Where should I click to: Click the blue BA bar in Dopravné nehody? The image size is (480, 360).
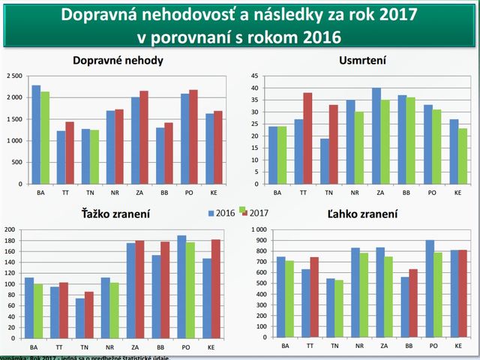36,134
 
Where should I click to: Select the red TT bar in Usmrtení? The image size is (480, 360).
307,138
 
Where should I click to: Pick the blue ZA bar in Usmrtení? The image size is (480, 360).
376,136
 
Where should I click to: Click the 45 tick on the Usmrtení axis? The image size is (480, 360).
254,76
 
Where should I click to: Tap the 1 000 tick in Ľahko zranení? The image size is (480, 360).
257,229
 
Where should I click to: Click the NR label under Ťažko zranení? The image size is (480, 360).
110,347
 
